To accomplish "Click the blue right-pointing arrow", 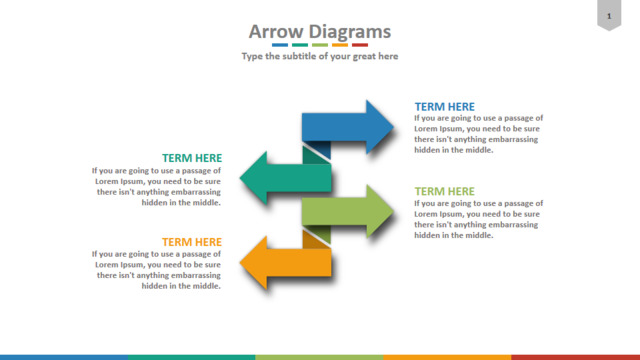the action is [348, 127].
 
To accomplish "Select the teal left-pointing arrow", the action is [286, 178].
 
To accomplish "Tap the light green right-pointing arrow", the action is [348, 211].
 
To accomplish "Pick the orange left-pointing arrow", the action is [286, 263].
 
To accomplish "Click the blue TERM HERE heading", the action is [444, 107].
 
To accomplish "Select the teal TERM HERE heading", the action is [192, 158].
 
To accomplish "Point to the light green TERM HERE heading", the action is [444, 191].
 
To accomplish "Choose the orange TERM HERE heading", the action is [192, 242].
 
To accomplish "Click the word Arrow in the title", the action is [276, 32].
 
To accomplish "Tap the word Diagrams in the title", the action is [349, 32].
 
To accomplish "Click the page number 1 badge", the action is [609, 15].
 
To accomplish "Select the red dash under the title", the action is [360, 45].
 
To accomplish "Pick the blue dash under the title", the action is [280, 45].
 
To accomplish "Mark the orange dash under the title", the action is [340, 45].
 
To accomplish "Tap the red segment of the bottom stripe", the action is [576, 358].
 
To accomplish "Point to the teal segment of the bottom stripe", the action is [192, 358].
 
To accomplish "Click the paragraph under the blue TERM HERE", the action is [478, 134].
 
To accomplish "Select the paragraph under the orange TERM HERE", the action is [156, 270].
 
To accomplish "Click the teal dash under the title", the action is [300, 45].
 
